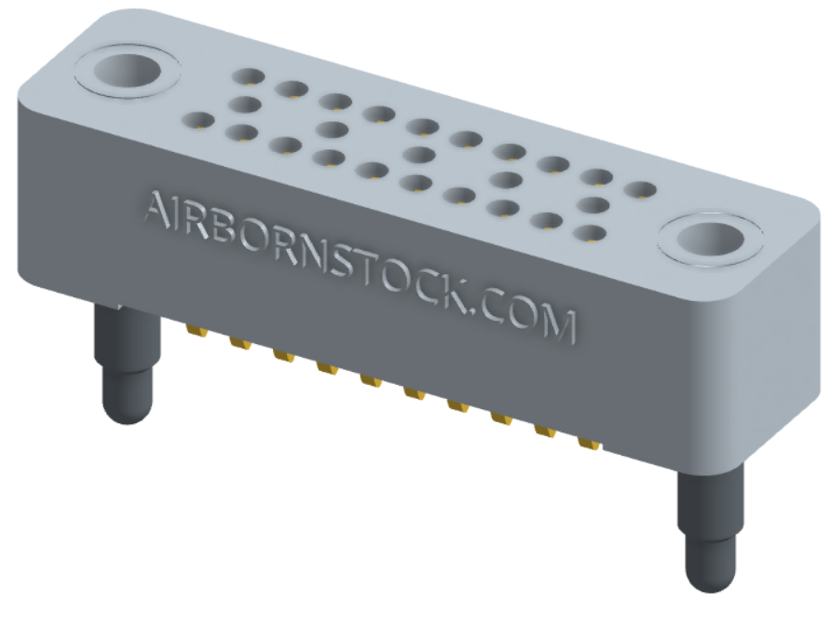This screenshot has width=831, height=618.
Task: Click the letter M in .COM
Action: tap(558, 324)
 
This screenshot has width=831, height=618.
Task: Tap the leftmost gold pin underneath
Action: tap(197, 331)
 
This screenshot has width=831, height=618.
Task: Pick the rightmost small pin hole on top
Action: tap(639, 190)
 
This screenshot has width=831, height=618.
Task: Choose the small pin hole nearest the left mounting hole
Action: tap(246, 76)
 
